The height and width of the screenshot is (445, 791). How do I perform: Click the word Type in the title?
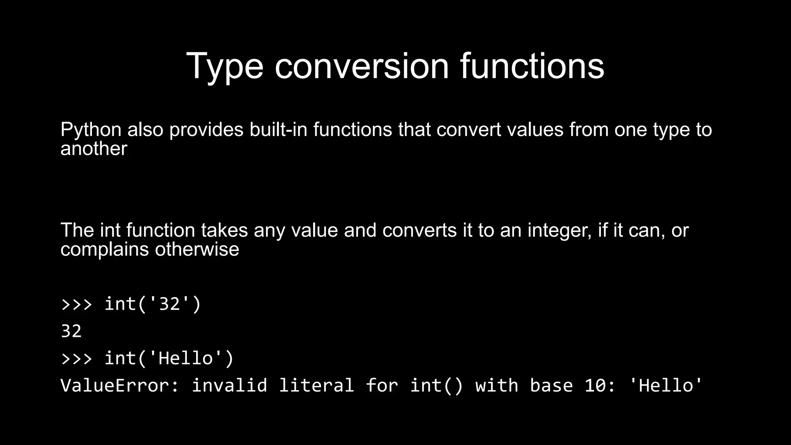(x=224, y=66)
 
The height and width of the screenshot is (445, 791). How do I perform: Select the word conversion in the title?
(x=362, y=66)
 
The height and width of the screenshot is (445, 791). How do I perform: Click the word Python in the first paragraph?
(x=91, y=130)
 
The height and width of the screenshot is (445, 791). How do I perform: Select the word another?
(x=94, y=149)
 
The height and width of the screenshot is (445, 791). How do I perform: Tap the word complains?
(x=105, y=250)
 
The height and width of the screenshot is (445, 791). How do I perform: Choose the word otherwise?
(x=197, y=249)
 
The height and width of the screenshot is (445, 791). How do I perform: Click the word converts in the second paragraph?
(x=419, y=230)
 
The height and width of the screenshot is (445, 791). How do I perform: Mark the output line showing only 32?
(x=71, y=331)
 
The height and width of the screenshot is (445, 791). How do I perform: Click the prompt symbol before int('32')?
(x=77, y=304)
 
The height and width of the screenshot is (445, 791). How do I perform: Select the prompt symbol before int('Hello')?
(x=77, y=359)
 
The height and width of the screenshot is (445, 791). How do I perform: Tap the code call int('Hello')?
(x=169, y=358)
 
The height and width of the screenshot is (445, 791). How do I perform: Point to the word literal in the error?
(x=316, y=386)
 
